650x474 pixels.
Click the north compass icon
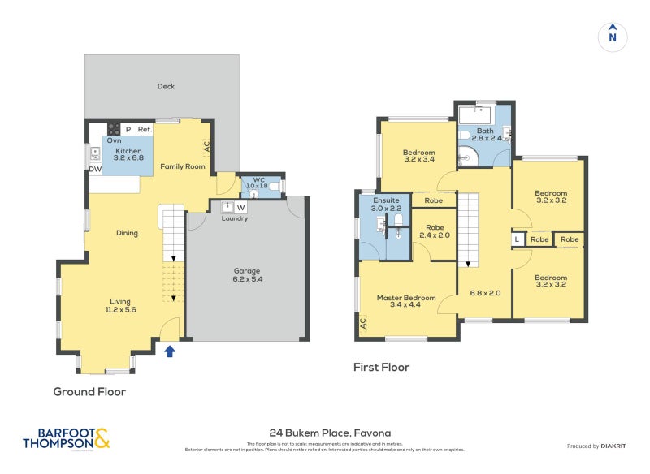click(x=613, y=36)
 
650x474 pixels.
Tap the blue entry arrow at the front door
click(x=170, y=351)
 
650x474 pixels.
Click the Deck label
click(x=166, y=87)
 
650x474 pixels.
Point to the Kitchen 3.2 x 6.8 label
click(x=129, y=155)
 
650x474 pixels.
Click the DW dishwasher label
click(x=94, y=169)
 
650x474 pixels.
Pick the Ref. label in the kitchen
click(x=144, y=130)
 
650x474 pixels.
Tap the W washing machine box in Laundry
click(x=240, y=207)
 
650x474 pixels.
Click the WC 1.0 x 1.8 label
click(x=258, y=183)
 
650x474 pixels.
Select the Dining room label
click(x=126, y=233)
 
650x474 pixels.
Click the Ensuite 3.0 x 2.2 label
click(x=386, y=204)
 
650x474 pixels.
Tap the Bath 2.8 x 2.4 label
click(x=485, y=135)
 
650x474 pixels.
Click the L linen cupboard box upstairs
click(x=518, y=239)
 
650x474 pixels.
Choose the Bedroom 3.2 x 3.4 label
click(x=418, y=156)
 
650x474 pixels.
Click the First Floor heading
click(x=381, y=368)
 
